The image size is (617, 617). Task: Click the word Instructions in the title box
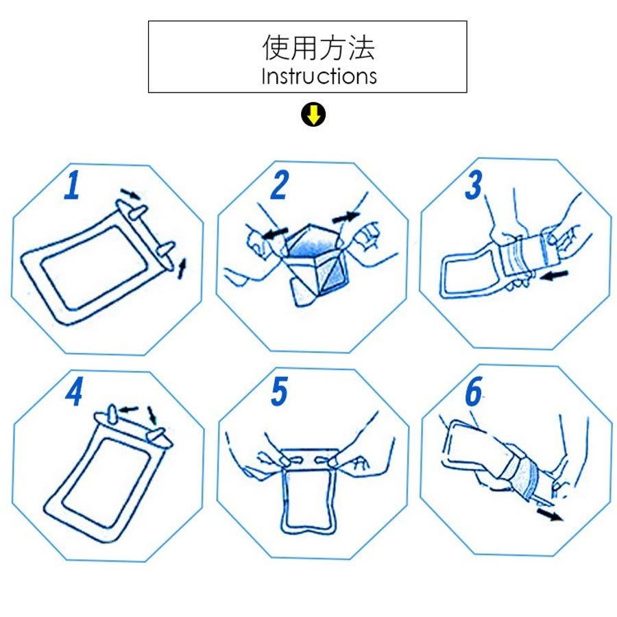click(319, 76)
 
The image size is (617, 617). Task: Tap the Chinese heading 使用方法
click(319, 47)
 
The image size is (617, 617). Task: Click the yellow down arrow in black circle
click(313, 115)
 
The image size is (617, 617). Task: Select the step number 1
click(73, 185)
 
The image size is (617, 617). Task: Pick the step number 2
click(280, 185)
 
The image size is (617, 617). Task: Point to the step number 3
click(473, 185)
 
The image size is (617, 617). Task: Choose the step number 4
click(74, 391)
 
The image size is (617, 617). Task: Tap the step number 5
click(280, 391)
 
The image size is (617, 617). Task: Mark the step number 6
click(474, 391)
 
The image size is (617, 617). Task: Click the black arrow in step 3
click(555, 275)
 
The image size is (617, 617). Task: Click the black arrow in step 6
click(550, 514)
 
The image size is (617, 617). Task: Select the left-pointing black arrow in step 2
click(275, 233)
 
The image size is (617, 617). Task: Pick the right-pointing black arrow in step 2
click(346, 217)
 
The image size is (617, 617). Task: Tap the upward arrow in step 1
click(182, 268)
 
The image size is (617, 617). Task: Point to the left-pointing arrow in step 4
click(129, 409)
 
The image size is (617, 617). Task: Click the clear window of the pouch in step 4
click(107, 481)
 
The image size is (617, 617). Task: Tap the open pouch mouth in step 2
click(313, 243)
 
